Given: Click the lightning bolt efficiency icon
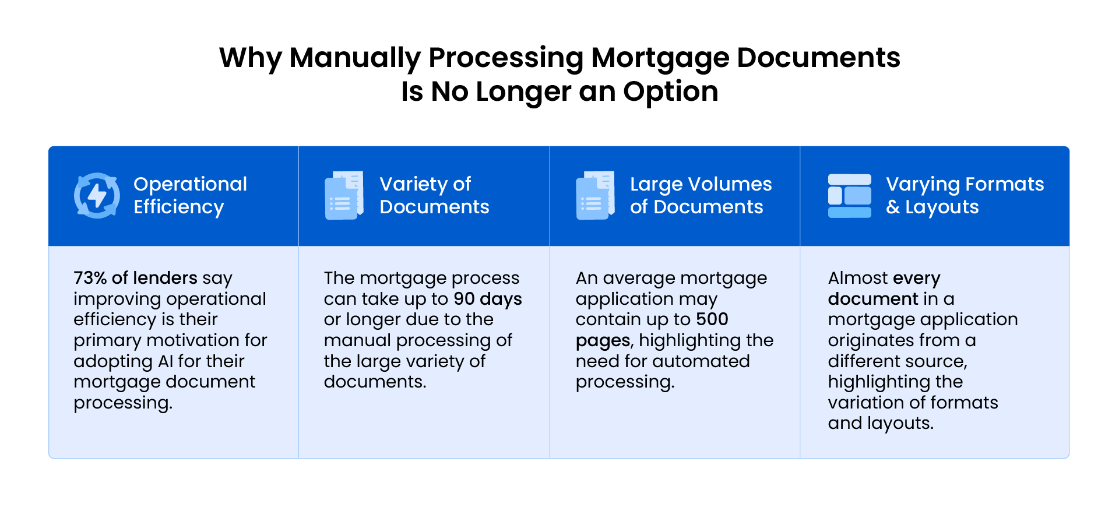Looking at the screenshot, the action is point(97,195).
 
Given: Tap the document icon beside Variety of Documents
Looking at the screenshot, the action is point(344,195).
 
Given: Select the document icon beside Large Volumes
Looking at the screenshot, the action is point(595,195).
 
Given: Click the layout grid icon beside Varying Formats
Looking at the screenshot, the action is point(850,196).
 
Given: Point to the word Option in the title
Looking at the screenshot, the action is point(670,91).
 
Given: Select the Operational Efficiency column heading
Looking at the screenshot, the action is point(190,195).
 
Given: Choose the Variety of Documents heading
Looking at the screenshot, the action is point(434,195).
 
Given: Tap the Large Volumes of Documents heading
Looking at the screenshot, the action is point(701,195).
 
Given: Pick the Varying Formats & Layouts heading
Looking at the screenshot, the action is point(965,195).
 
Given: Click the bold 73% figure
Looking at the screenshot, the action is point(90,278).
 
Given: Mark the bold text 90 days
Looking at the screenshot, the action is point(488,299).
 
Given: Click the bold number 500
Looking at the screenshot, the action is point(712,319).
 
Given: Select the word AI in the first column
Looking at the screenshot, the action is point(166,361).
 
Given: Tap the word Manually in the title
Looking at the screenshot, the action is point(355,58).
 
